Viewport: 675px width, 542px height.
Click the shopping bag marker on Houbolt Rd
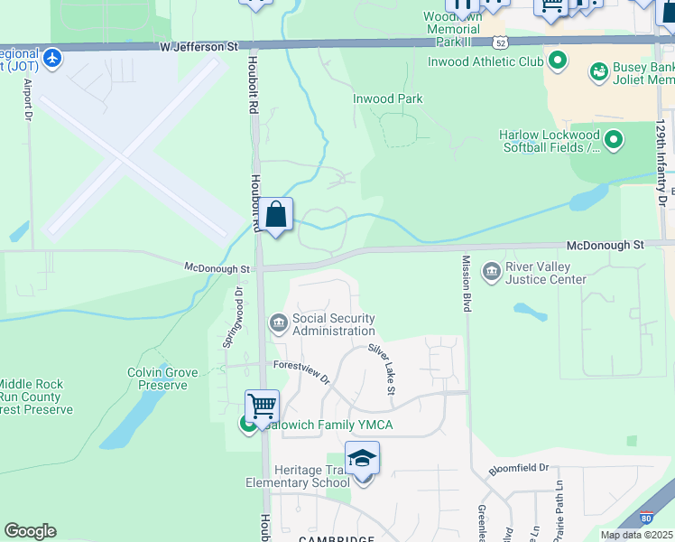[277, 216]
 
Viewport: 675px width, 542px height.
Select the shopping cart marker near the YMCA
[262, 407]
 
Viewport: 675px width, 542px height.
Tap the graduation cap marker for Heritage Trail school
[362, 460]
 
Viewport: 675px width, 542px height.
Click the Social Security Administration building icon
[278, 322]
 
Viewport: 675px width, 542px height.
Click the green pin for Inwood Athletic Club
[558, 61]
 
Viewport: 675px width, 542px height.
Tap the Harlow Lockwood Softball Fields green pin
[614, 139]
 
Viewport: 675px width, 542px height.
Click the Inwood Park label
[388, 98]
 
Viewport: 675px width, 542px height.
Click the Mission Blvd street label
[467, 284]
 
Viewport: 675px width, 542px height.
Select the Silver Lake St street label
[382, 368]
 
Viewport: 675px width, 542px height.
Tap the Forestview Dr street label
[302, 370]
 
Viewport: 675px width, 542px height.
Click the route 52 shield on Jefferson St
[500, 42]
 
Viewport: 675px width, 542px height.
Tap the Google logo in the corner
[30, 531]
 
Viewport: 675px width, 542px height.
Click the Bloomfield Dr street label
[519, 469]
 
